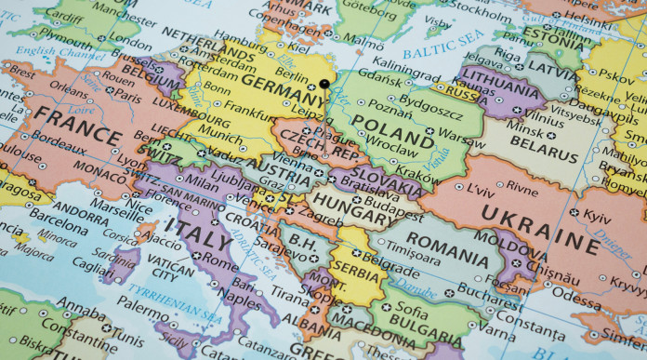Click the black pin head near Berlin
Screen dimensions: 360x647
324,84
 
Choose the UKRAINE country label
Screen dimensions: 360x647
538,227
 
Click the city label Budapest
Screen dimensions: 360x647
395,200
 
